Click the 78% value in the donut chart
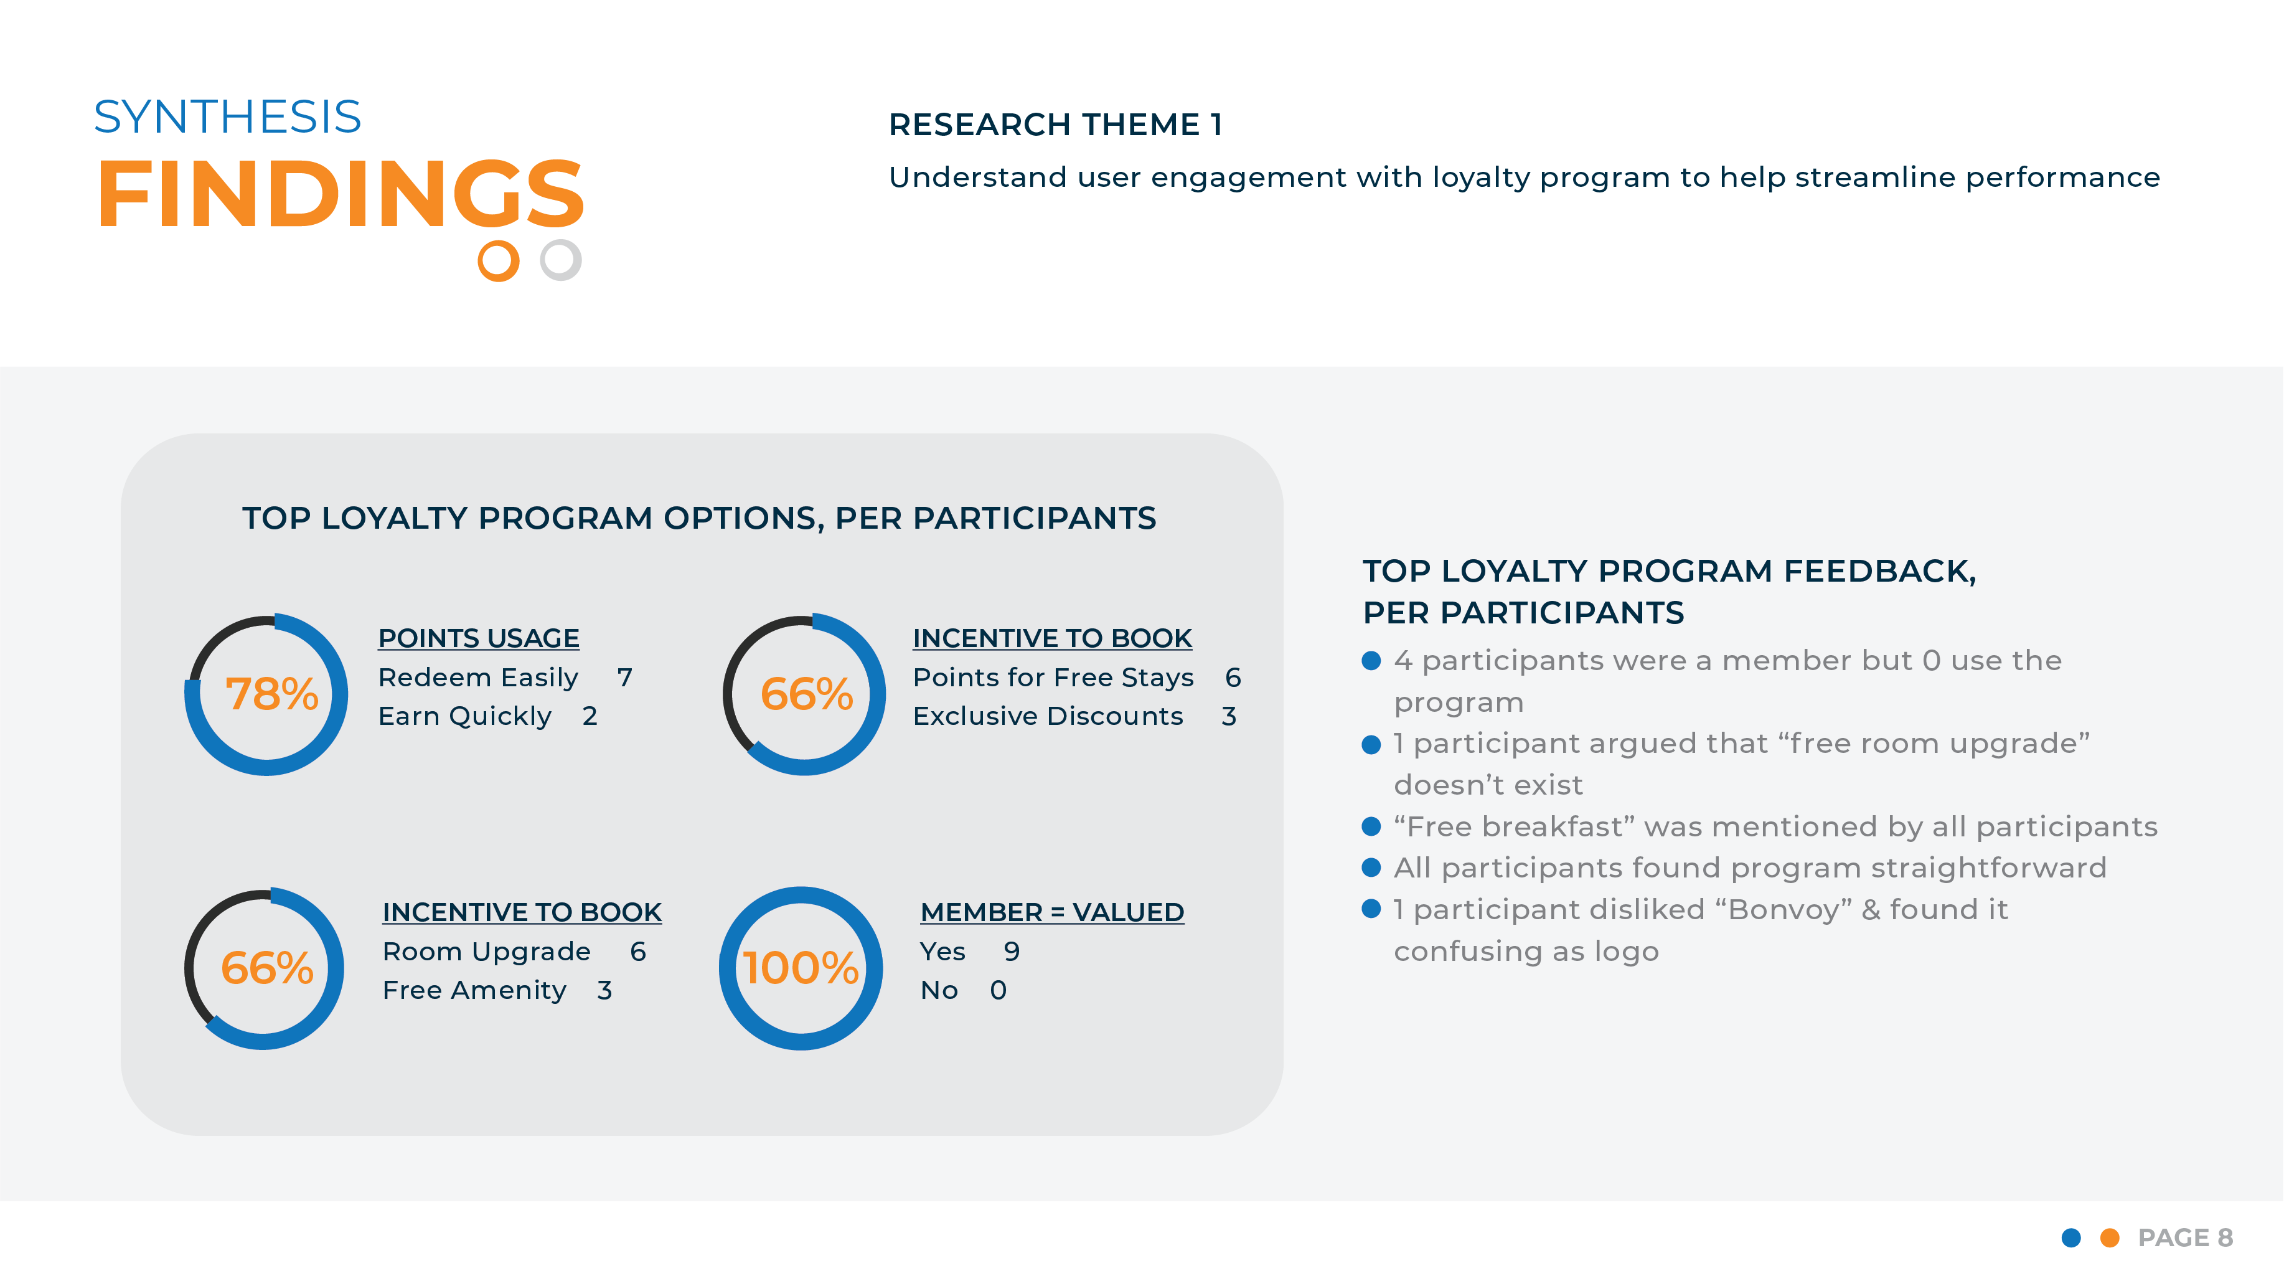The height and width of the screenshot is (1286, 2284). coord(271,694)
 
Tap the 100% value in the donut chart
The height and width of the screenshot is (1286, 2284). coord(801,968)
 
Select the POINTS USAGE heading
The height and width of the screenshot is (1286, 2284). coord(478,638)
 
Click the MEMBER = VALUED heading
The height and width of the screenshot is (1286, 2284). coord(1051,912)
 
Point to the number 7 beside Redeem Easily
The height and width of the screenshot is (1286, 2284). coord(625,678)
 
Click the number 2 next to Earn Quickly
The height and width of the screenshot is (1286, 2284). coord(590,716)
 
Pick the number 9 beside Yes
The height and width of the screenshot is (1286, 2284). coord(1012,952)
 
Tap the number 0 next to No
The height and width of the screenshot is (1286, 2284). coord(999,990)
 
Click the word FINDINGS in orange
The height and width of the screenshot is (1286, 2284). coord(340,194)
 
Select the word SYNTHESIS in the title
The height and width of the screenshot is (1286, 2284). coord(228,117)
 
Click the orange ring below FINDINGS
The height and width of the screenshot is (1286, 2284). coord(498,261)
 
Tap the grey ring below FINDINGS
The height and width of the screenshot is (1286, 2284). coord(560,260)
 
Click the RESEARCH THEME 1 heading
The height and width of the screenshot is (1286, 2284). coord(1055,125)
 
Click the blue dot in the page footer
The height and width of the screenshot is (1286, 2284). coord(2071,1237)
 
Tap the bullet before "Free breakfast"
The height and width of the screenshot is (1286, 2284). coord(1371,826)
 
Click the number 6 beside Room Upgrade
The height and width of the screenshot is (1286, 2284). coord(638,952)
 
